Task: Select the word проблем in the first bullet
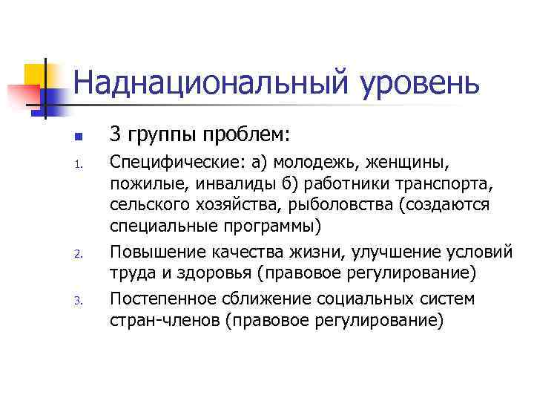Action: (x=246, y=137)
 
